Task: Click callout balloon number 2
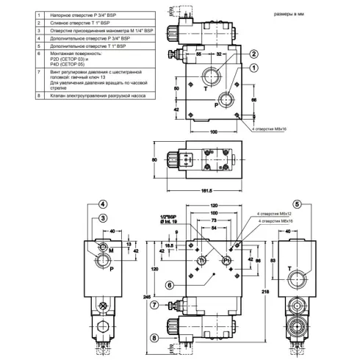(253, 54)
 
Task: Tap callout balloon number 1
(253, 68)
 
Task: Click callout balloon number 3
(104, 218)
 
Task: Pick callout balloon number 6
(169, 285)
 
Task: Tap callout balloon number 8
(154, 338)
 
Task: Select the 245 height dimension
(147, 295)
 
